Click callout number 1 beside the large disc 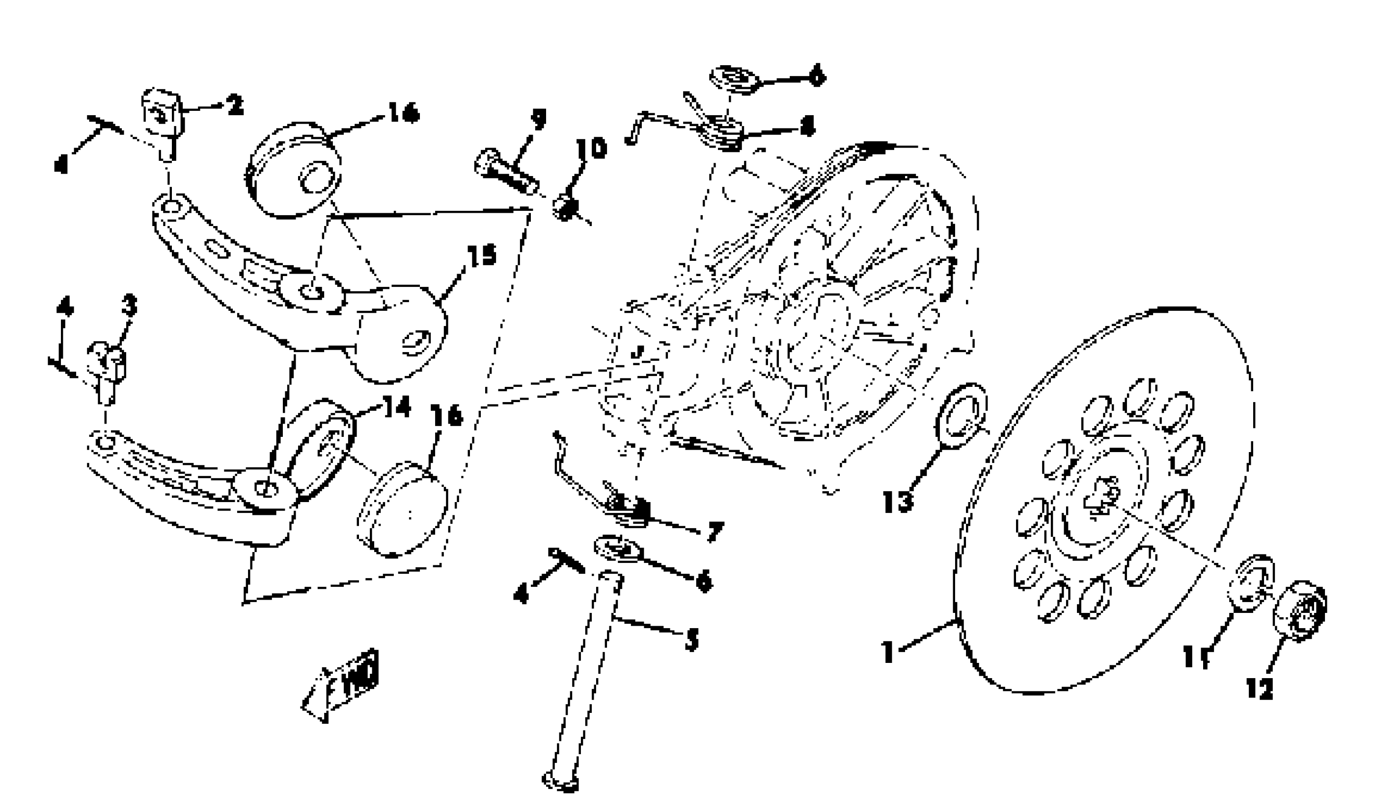tap(889, 651)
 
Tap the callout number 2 tap(235, 105)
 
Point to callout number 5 tap(691, 639)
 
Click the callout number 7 tap(715, 532)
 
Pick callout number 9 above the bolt tap(538, 119)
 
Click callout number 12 tap(1259, 689)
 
